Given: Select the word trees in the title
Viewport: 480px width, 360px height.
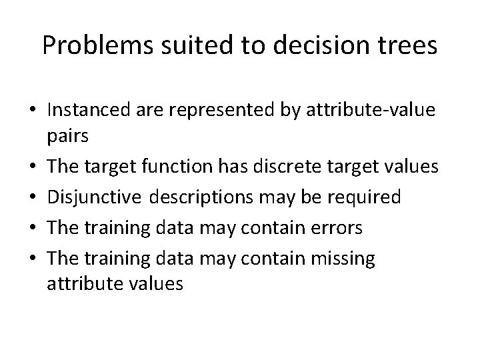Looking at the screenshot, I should click(407, 45).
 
